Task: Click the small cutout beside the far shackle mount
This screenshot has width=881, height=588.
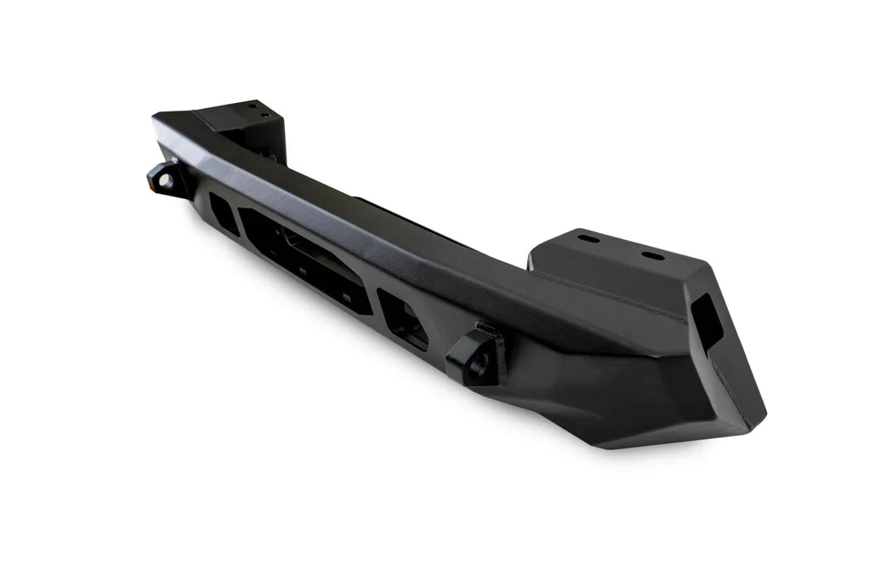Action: [x=222, y=210]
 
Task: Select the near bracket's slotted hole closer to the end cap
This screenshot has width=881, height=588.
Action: [x=653, y=255]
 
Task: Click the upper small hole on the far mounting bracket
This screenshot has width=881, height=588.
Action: [x=251, y=106]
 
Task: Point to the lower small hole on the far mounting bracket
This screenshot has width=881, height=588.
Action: [x=264, y=116]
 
